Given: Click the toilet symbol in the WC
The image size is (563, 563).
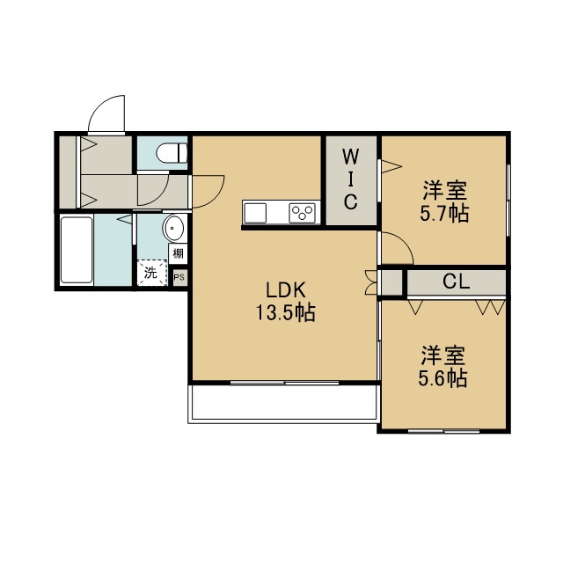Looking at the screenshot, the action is (x=172, y=153).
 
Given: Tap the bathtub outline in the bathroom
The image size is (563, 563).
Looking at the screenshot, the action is (x=77, y=250).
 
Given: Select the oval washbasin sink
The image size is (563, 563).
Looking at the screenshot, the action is (x=173, y=228).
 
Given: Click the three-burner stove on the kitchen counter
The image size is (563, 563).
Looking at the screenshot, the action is (x=303, y=213).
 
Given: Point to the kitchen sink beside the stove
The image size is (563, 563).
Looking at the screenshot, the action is (x=255, y=213).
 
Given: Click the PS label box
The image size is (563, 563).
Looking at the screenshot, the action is (x=179, y=278).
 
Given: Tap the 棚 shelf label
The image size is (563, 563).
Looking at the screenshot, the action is (x=178, y=254).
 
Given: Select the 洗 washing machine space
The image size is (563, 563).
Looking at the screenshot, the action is (x=152, y=273).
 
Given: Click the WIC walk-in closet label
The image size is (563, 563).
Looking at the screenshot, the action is (x=350, y=179).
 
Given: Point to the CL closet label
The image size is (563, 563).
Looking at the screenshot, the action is (x=456, y=281).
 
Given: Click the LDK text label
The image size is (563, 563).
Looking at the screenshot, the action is (x=285, y=290).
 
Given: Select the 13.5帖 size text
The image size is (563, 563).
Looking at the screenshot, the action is (x=285, y=312).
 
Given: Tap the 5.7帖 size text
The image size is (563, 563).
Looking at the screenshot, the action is (x=444, y=214).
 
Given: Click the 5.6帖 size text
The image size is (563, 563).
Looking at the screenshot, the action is (x=442, y=377).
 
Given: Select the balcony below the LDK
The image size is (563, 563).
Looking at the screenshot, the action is (x=283, y=402).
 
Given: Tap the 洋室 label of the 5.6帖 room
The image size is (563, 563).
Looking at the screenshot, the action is (x=443, y=355).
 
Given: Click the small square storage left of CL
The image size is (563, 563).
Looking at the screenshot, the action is (x=391, y=282).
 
